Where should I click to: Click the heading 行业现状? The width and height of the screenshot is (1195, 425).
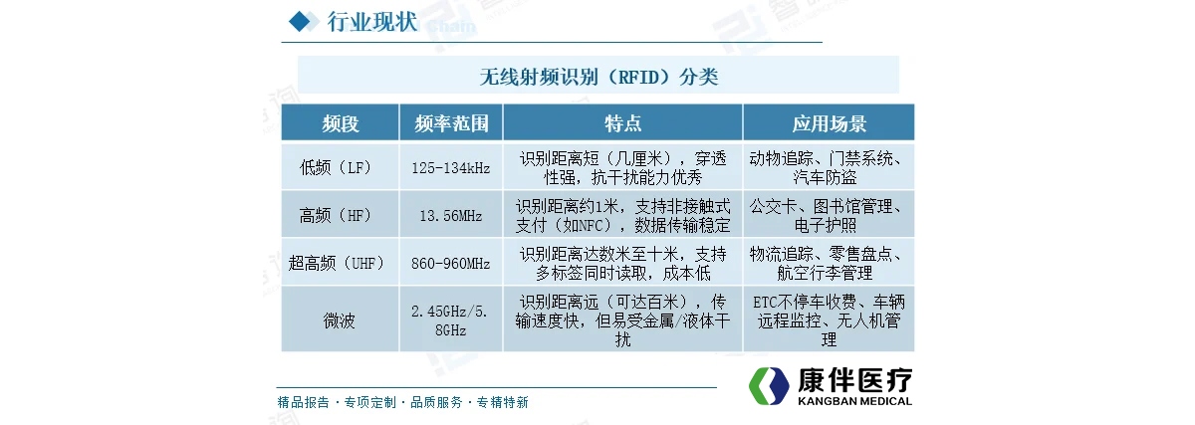(372, 22)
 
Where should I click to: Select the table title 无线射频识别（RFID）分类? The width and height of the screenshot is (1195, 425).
(598, 77)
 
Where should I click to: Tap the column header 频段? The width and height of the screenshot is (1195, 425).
(341, 123)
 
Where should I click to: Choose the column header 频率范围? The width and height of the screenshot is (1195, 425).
(451, 123)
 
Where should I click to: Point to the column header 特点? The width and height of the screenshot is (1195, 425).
(622, 123)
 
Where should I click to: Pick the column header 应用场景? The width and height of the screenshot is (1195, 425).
(829, 123)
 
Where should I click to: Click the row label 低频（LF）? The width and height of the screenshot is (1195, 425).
(336, 168)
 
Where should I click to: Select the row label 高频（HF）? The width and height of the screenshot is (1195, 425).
(336, 215)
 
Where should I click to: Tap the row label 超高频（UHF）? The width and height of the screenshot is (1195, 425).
(337, 263)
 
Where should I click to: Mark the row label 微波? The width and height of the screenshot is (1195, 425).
(339, 320)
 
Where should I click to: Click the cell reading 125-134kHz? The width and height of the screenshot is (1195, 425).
(451, 168)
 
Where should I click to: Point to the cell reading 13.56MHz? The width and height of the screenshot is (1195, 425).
(451, 216)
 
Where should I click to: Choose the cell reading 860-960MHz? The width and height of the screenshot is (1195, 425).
(451, 264)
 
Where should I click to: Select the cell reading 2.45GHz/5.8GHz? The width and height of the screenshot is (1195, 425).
(449, 320)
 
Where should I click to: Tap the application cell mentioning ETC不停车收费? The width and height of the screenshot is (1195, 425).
(829, 320)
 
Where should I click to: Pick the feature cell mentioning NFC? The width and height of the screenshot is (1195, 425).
(622, 215)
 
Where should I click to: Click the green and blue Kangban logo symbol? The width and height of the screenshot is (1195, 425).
(769, 386)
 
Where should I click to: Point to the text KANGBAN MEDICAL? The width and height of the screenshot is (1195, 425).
(854, 401)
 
